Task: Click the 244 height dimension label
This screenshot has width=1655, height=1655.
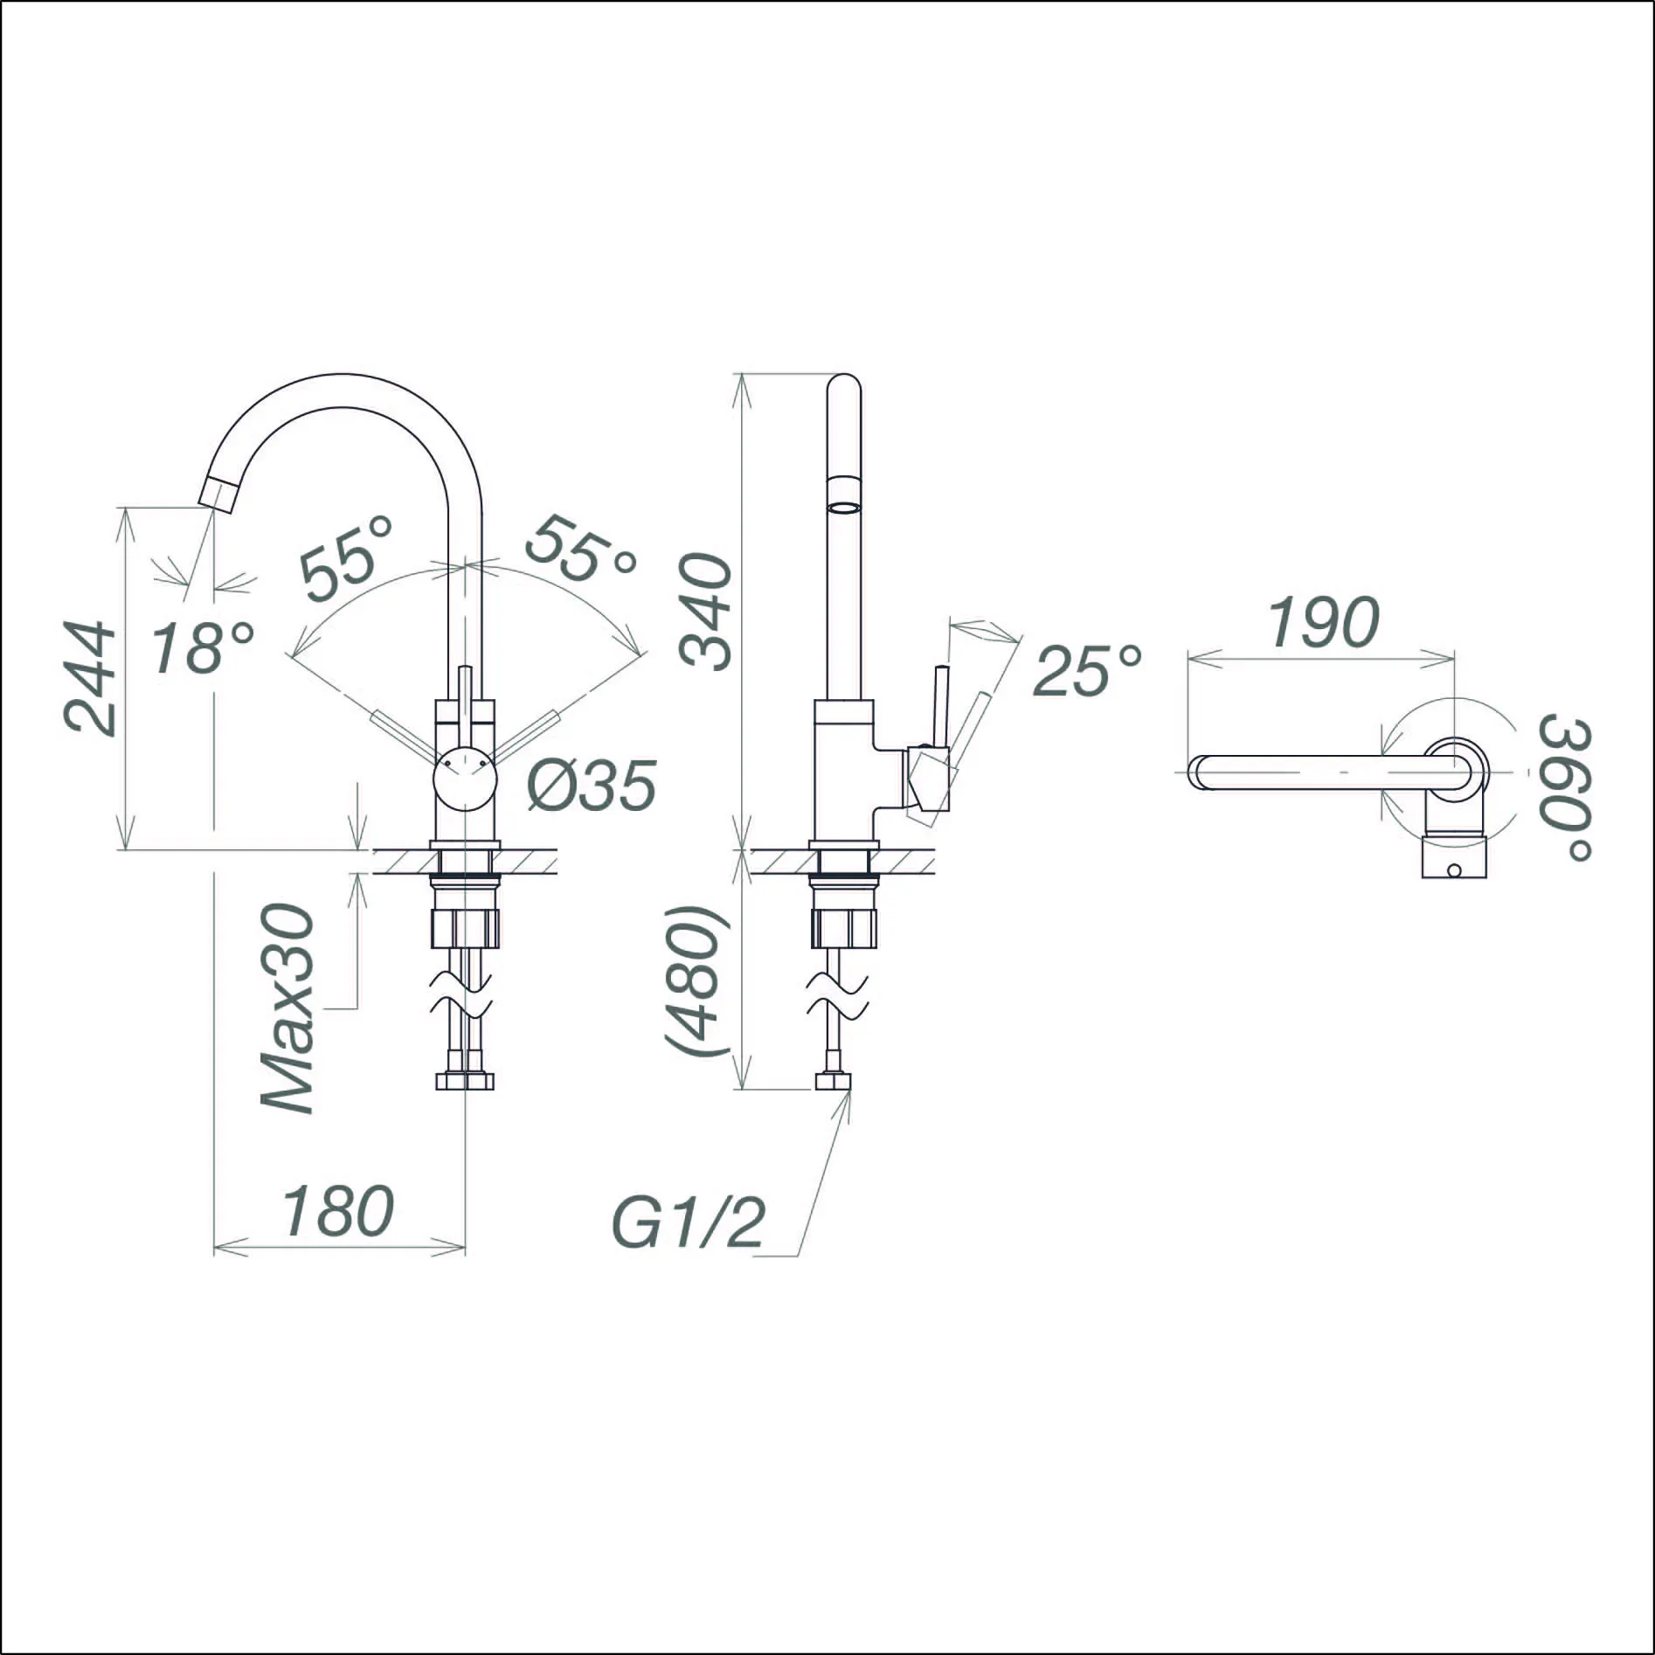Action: click(90, 679)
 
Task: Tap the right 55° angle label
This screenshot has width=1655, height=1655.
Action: click(579, 550)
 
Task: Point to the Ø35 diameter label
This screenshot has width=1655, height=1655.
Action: click(591, 784)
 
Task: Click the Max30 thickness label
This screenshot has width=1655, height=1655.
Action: click(288, 1009)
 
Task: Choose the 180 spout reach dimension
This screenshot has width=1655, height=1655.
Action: click(338, 1210)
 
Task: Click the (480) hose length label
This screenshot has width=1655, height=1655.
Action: click(695, 982)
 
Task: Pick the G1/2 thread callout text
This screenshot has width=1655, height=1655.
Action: click(689, 1222)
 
